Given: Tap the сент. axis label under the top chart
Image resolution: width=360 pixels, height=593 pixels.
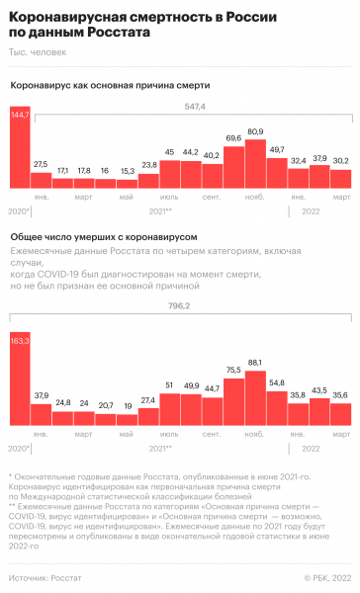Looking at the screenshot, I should click(212, 196).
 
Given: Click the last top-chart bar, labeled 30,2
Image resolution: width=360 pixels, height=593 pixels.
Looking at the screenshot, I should click(340, 179).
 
